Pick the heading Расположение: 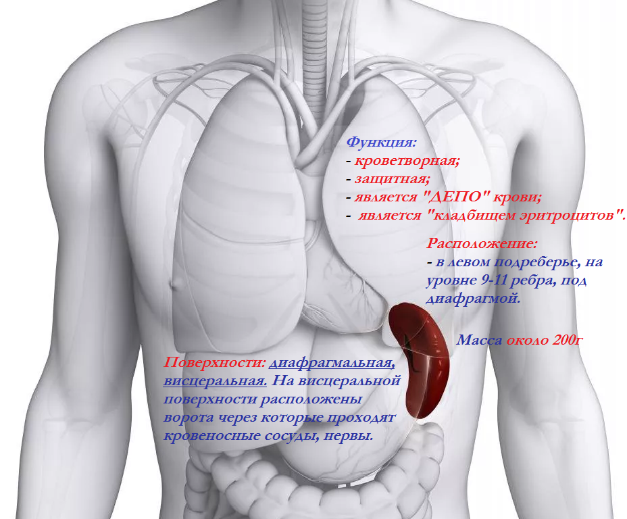coord(482,243)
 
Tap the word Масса coord(480,339)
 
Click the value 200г coord(567,339)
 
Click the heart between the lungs coord(331,297)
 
